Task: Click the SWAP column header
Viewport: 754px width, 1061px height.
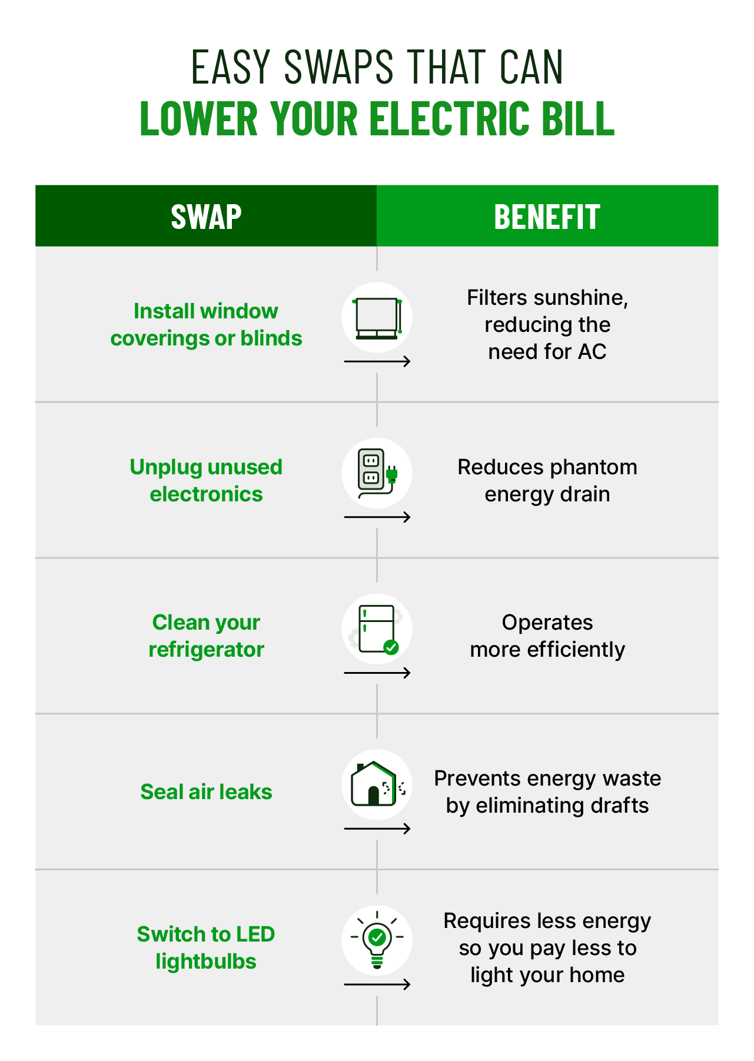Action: (206, 217)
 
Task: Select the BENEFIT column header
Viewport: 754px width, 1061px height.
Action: (547, 217)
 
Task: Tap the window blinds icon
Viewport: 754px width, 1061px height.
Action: (377, 318)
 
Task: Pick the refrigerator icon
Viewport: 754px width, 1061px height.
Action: (377, 629)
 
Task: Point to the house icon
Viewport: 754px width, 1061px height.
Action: (377, 784)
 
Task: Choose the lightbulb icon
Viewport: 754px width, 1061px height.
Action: (377, 939)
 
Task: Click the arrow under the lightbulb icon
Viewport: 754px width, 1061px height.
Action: (377, 984)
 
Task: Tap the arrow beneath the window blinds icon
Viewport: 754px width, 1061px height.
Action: (377, 361)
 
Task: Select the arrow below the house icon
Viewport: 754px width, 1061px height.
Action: (377, 829)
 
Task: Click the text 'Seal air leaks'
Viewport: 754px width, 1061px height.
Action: (206, 792)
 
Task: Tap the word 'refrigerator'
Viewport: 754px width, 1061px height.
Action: (206, 650)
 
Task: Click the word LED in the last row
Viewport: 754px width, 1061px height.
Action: (255, 934)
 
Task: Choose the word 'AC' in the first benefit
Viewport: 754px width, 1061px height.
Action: (592, 352)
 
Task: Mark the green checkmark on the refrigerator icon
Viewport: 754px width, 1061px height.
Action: (391, 647)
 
